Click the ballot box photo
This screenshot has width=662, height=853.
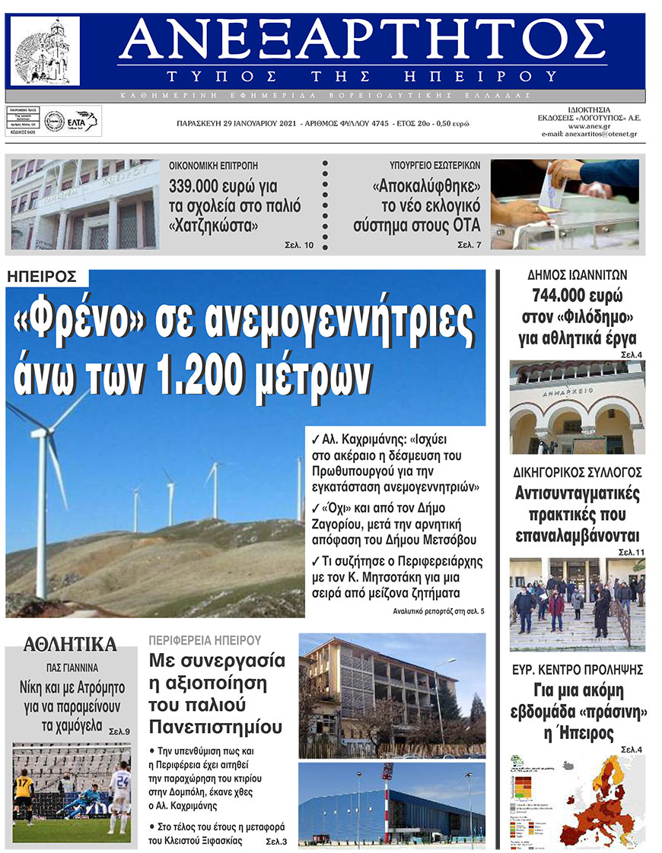565,205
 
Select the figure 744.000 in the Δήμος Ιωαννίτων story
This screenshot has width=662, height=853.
564,297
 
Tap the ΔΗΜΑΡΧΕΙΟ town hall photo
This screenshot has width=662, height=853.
577,407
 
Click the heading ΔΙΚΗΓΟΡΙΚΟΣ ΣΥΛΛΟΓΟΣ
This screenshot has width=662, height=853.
576,472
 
